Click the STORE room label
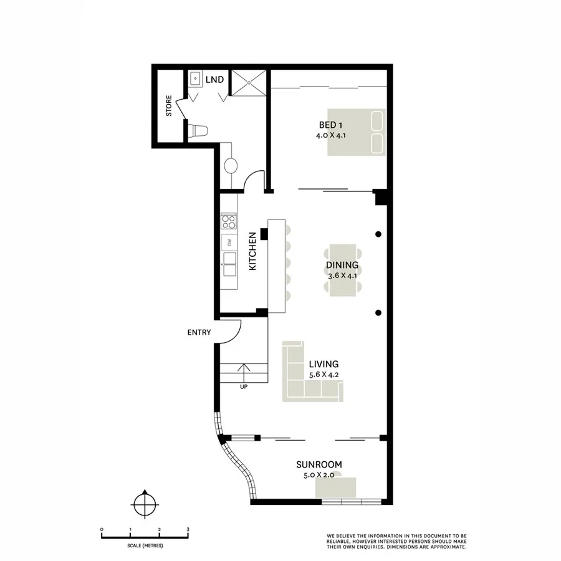[168, 107]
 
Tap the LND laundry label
[216, 80]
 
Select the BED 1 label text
[330, 124]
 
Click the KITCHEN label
[252, 251]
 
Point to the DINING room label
[342, 265]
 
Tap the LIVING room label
[323, 364]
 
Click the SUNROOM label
[319, 464]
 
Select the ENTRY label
[199, 332]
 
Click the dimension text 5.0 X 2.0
[319, 475]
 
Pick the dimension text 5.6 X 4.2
[323, 375]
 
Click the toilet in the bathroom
[198, 131]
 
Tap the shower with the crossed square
[249, 82]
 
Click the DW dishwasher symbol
[229, 242]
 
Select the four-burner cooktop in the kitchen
[229, 221]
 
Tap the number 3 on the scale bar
[188, 529]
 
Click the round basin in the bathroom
[230, 166]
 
